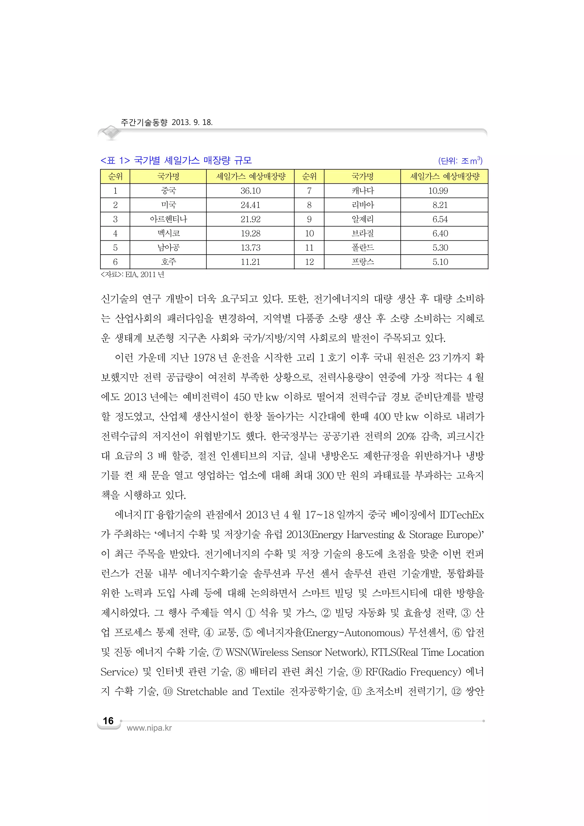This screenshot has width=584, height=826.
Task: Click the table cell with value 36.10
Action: (250, 191)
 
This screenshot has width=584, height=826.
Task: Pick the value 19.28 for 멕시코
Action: (250, 234)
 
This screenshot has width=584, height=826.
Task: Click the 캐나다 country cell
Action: (362, 191)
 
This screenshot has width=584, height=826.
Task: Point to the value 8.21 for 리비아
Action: (440, 205)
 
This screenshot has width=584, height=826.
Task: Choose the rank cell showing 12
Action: (309, 262)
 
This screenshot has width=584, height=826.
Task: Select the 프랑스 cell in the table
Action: (362, 262)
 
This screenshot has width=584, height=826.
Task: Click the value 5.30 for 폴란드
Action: (440, 248)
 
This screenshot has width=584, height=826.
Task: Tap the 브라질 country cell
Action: (362, 234)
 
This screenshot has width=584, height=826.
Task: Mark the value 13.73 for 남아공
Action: (250, 248)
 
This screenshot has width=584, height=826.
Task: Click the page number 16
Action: (108, 721)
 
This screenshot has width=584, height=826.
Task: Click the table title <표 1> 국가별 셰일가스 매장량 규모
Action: (176, 161)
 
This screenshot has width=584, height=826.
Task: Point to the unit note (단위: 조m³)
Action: (460, 161)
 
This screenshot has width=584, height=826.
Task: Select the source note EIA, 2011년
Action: (132, 275)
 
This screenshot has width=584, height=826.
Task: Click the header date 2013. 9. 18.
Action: (192, 122)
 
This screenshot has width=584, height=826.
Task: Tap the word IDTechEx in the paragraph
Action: (462, 515)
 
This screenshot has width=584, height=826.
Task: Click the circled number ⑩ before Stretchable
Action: (168, 692)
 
